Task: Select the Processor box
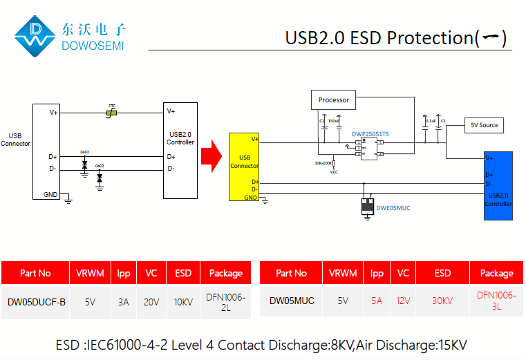point(334,100)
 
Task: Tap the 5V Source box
point(484,125)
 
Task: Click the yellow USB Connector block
point(244,167)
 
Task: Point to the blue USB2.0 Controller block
point(498,185)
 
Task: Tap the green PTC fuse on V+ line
point(111,112)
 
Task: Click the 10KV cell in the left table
point(183,302)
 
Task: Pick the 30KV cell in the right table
point(442,301)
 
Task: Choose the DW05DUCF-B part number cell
point(36,302)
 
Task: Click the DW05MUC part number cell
point(292,301)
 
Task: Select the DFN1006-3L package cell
point(496,301)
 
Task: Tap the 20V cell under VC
point(151,302)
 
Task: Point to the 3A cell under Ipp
point(123,302)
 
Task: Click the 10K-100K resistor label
point(323,163)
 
